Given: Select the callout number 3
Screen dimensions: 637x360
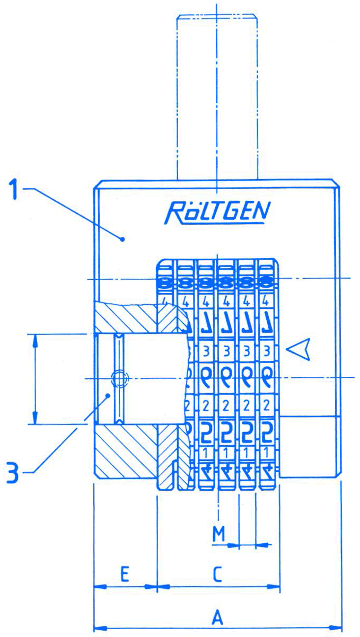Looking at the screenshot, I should point(15,472).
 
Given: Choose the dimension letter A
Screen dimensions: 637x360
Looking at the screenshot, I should point(217,617).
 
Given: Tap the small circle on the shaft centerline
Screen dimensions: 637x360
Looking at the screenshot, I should point(119,378).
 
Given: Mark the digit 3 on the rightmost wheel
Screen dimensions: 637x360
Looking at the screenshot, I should point(267,351).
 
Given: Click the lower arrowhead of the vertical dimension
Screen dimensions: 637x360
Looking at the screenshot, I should point(36,419).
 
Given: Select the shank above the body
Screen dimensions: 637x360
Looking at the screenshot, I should point(217,95).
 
